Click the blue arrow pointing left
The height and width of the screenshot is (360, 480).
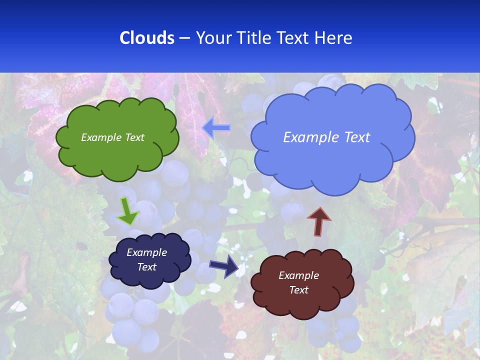point(216,128)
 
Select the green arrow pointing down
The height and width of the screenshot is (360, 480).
point(127,211)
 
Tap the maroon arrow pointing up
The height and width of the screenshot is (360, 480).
point(319,221)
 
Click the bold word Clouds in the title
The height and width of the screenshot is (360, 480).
point(147,38)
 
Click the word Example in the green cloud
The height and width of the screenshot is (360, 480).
point(99,137)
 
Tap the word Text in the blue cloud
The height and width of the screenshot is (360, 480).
point(354,137)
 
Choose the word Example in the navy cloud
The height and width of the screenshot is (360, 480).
point(146,252)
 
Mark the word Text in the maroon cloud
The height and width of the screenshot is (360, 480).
point(298,290)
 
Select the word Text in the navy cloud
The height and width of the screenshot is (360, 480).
point(146,267)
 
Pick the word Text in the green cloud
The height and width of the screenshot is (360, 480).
point(133,137)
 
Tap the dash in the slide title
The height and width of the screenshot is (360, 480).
point(184,38)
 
